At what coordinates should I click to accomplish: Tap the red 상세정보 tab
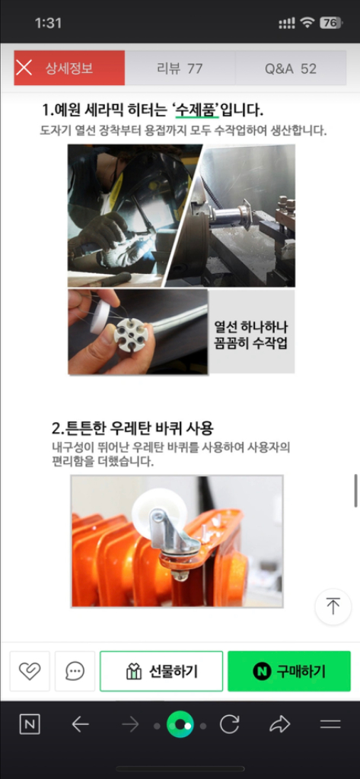click(x=68, y=68)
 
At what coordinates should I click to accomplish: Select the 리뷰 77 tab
click(x=180, y=68)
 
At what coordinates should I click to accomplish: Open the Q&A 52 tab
click(x=291, y=68)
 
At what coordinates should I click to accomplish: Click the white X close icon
click(x=24, y=68)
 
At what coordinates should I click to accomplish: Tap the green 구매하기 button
click(x=289, y=671)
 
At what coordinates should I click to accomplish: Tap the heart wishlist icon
click(x=30, y=671)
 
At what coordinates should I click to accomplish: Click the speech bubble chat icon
click(x=75, y=671)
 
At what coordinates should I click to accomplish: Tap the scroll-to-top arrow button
click(x=333, y=606)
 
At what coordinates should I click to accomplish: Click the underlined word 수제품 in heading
click(x=196, y=110)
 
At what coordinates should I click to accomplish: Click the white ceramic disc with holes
click(x=127, y=333)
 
